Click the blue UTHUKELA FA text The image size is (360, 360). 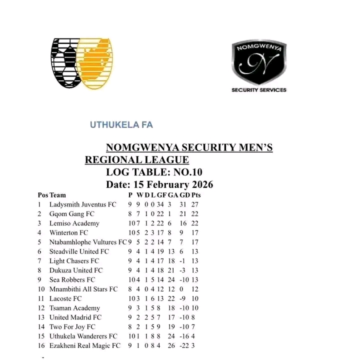[x=121, y=125]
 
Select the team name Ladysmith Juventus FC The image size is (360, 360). [x=82, y=204]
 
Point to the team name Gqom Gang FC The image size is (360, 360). [x=72, y=214]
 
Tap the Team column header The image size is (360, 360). [x=57, y=195]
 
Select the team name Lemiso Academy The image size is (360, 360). [x=74, y=223]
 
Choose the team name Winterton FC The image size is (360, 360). [x=68, y=232]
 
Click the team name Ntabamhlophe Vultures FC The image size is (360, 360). [x=88, y=242]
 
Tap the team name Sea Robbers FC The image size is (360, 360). [x=73, y=279]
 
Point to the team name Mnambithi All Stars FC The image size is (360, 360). [x=83, y=289]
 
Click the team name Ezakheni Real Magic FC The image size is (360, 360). [x=85, y=345]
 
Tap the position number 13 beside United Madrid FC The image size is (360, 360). [x=40, y=317]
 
